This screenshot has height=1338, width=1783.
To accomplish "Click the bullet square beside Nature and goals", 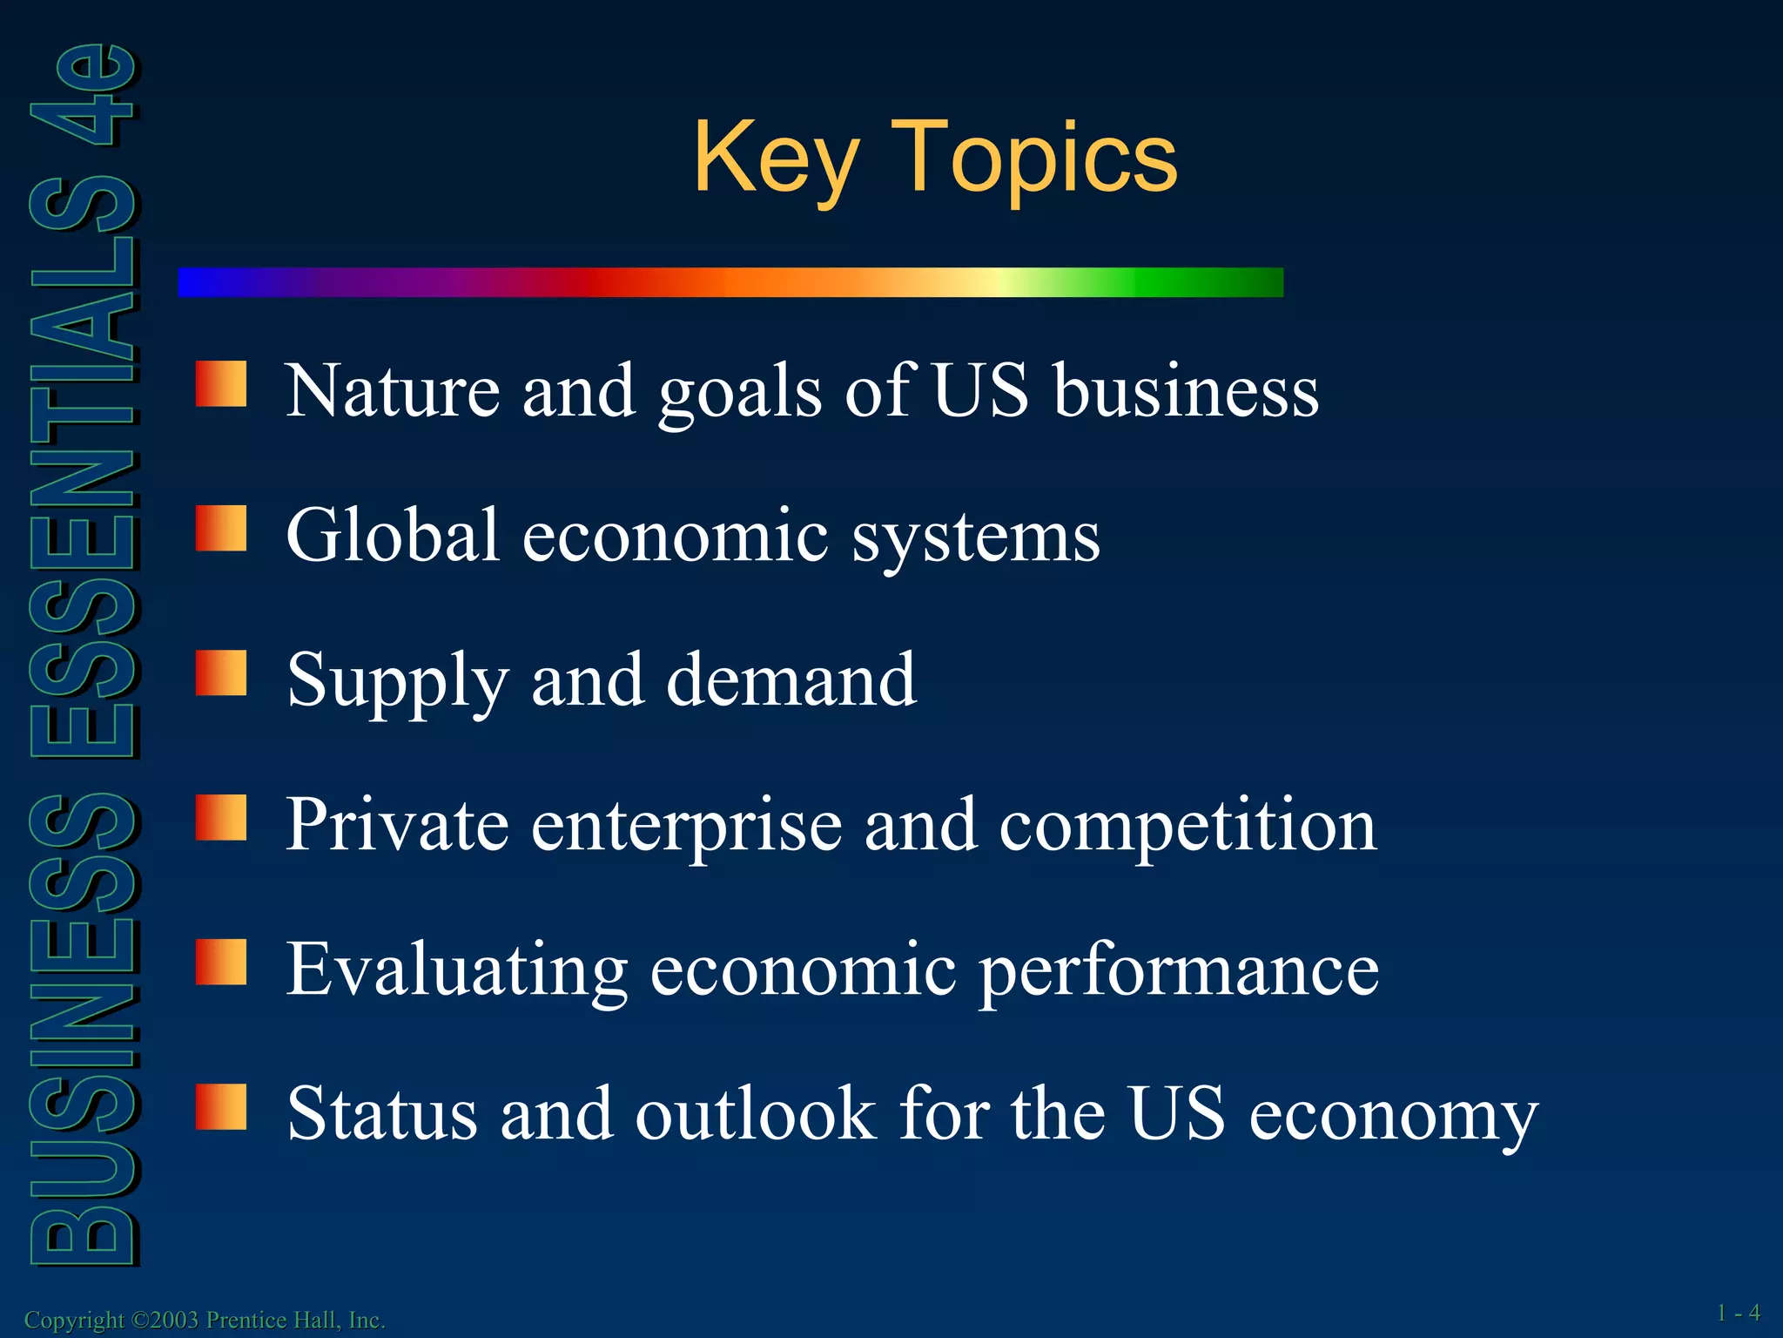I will coord(221,384).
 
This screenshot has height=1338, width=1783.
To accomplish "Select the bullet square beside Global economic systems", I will coord(221,529).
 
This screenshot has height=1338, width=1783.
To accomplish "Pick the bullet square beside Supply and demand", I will coord(221,673).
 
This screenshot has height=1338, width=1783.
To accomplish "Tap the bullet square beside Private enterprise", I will coord(221,818).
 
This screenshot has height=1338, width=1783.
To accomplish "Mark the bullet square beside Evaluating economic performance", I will coord(221,963).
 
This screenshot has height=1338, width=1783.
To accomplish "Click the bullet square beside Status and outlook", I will coord(221,1107).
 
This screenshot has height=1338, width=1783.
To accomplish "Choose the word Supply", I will coord(397,681).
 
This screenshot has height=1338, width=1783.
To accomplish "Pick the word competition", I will coord(1188,826).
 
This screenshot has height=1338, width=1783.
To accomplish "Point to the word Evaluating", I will coord(457,970).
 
